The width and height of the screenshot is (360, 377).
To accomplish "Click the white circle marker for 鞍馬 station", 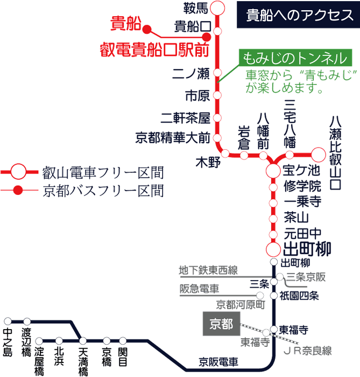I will point(217,8).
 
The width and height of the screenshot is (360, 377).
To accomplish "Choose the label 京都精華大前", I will point(172,138).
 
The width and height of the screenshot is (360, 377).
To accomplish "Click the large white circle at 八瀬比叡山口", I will point(319,155).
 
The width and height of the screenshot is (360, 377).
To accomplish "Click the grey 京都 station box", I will point(221,323).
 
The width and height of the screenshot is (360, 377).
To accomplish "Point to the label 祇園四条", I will point(300,296).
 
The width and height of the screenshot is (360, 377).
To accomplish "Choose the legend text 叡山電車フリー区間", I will point(102,173).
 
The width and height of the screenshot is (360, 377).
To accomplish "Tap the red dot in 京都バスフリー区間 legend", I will point(18,190).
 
